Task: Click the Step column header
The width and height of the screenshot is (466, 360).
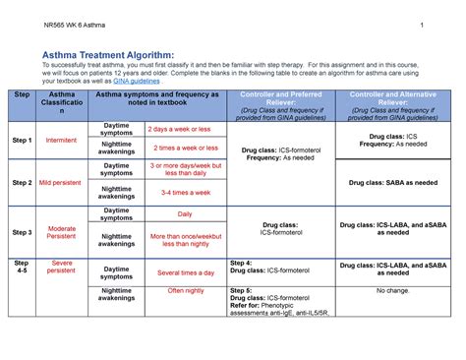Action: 22,93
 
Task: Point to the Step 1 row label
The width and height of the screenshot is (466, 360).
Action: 22,141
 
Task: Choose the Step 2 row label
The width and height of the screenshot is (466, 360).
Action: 22,183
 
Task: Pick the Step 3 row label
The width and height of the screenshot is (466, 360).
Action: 22,232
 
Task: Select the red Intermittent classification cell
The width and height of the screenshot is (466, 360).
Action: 61,141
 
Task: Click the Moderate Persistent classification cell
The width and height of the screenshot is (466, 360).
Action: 61,232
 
